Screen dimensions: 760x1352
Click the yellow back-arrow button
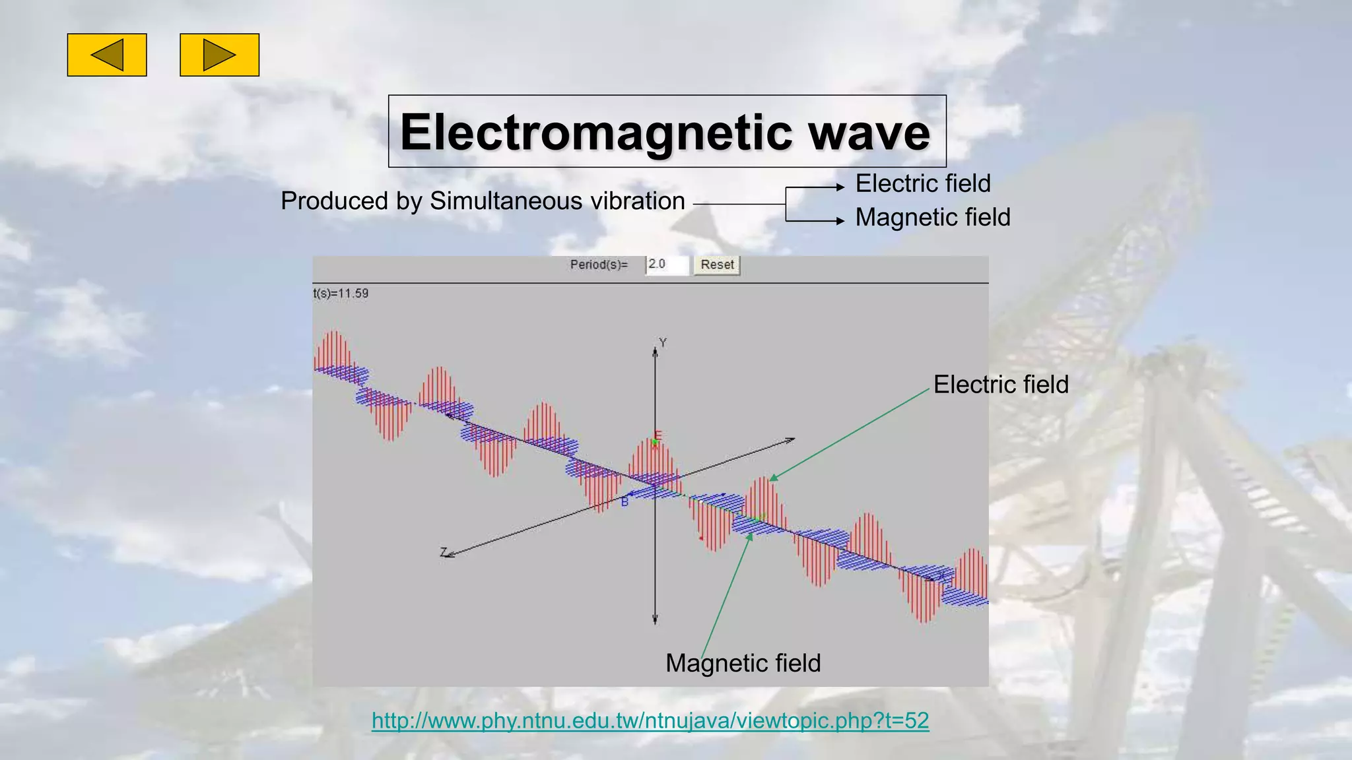pos(107,55)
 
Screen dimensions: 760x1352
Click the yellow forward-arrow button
pos(219,55)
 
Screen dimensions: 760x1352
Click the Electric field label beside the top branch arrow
pos(923,183)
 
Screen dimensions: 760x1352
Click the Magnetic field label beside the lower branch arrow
pos(933,218)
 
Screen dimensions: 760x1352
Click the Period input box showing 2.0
pos(667,265)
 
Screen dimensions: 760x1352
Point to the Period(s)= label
pos(599,265)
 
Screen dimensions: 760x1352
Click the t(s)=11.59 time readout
pos(341,294)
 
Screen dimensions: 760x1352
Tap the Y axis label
pos(663,342)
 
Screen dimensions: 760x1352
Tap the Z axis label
pos(444,552)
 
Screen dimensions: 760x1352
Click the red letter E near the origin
pos(658,435)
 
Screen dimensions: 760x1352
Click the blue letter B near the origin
pos(625,503)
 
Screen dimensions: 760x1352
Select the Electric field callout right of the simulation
pos(1001,385)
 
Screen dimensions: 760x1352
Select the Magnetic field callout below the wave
pos(743,663)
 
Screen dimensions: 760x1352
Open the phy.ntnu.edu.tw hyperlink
pos(650,720)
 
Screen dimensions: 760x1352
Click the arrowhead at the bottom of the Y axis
pos(655,619)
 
